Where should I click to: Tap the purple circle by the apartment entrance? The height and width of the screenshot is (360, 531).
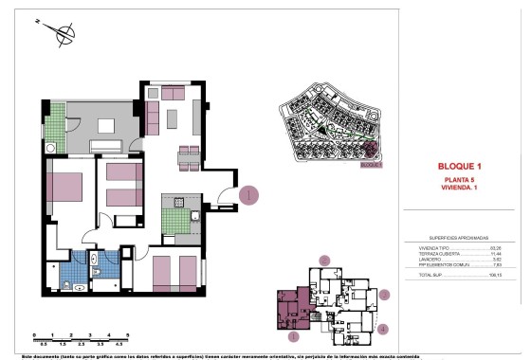(x=248, y=196)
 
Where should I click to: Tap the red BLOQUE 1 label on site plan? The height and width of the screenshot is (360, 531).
(x=375, y=163)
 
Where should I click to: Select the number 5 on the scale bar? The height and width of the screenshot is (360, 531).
(x=128, y=335)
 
